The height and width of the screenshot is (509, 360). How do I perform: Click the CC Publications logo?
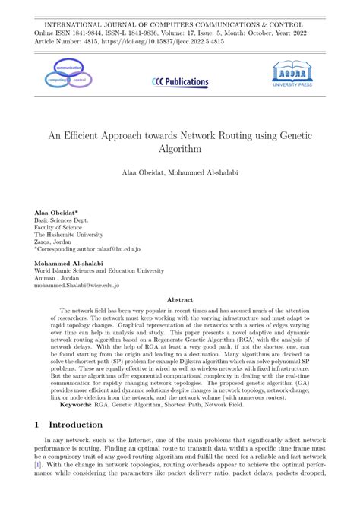[x=180, y=81]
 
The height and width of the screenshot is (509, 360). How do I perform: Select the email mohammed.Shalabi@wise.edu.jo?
[x=77, y=286]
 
